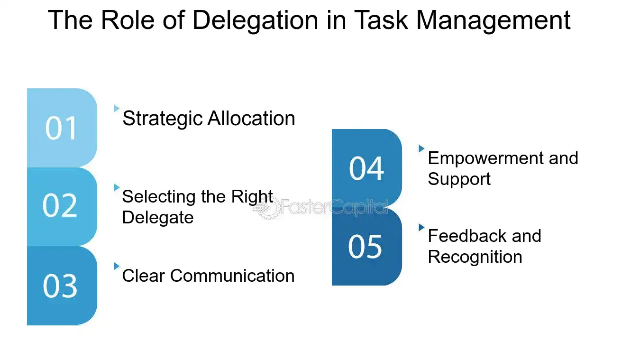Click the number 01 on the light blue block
pyautogui.click(x=61, y=128)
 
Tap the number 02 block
pyautogui.click(x=60, y=206)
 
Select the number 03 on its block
pyautogui.click(x=60, y=286)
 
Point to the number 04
pyautogui.click(x=366, y=168)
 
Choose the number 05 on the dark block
pyautogui.click(x=365, y=247)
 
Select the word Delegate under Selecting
pyautogui.click(x=158, y=218)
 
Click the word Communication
pyautogui.click(x=232, y=276)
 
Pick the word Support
pyautogui.click(x=459, y=179)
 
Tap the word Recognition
pyautogui.click(x=475, y=257)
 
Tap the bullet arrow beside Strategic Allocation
pyautogui.click(x=117, y=109)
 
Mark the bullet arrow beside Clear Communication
pyautogui.click(x=117, y=266)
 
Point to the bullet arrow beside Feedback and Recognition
pyautogui.click(x=421, y=227)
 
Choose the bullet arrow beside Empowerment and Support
pyautogui.click(x=421, y=148)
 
